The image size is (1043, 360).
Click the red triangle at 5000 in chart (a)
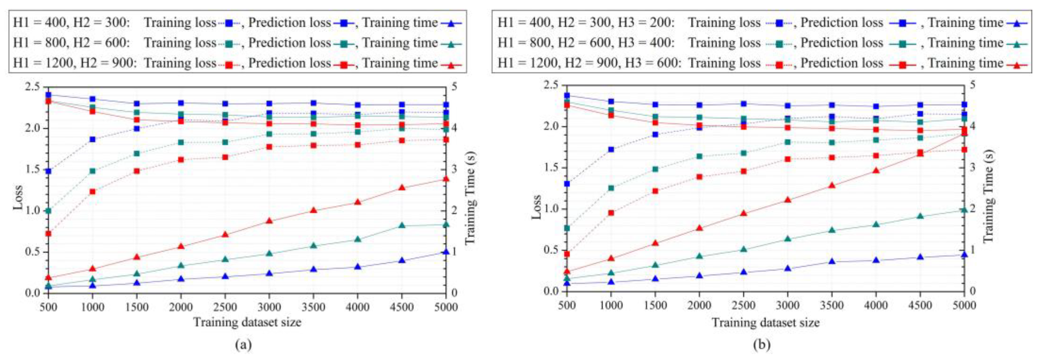click(x=445, y=179)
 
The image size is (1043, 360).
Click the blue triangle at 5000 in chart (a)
click(x=445, y=252)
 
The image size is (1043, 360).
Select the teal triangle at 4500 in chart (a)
click(x=402, y=225)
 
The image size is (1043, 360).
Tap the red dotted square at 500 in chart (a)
click(x=48, y=234)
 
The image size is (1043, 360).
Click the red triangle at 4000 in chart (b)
click(x=876, y=170)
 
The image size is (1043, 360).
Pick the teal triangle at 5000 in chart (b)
click(x=964, y=209)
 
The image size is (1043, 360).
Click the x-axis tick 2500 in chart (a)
click(x=225, y=307)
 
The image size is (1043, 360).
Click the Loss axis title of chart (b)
click(x=537, y=207)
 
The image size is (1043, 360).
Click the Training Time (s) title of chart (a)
click(x=470, y=198)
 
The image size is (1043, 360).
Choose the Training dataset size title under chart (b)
click(x=765, y=323)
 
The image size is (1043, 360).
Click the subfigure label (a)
click(x=243, y=345)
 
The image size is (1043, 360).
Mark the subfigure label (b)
click(x=762, y=345)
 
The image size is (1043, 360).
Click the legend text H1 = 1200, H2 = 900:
click(x=74, y=63)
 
